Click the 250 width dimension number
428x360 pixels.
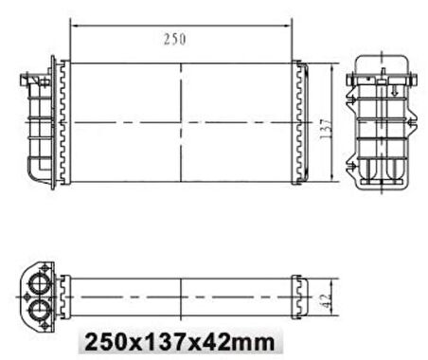(x=174, y=39)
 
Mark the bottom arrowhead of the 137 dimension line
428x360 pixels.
(x=331, y=179)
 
